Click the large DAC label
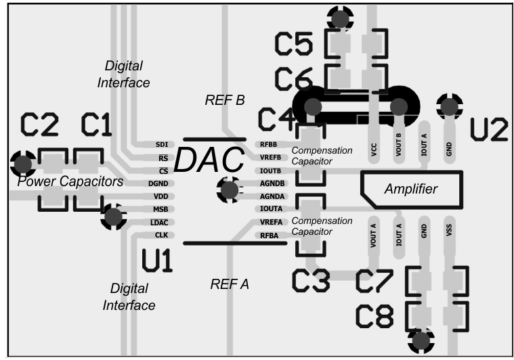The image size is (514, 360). [209, 160]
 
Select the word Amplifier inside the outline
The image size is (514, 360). [412, 189]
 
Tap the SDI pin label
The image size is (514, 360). [161, 145]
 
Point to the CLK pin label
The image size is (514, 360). [161, 235]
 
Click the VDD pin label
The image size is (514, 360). [160, 196]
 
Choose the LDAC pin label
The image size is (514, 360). [160, 222]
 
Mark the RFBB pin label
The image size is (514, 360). [267, 145]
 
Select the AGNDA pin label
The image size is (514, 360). [269, 196]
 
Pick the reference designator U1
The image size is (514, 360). [157, 261]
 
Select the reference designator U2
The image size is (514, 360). [489, 131]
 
